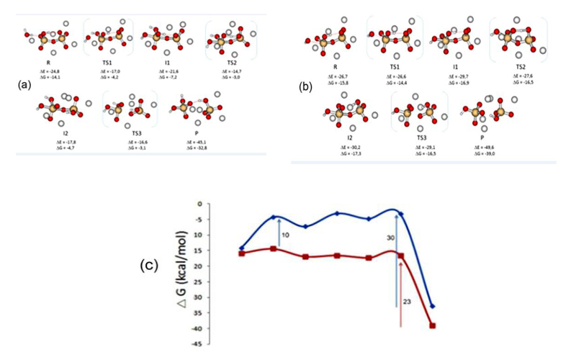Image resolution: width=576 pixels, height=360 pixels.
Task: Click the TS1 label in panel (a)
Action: coord(108,63)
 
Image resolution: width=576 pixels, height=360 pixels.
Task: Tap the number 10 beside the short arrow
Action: coord(285,235)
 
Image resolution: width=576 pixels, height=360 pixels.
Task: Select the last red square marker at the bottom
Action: coord(433,325)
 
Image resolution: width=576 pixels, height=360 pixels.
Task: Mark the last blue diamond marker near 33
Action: coord(433,307)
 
